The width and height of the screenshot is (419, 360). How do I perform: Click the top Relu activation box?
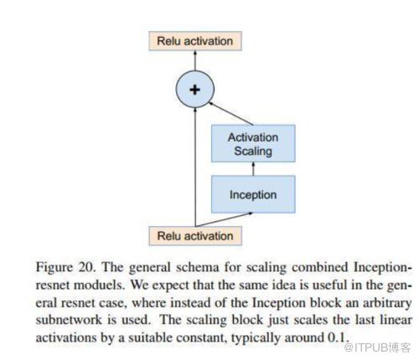[x=195, y=41]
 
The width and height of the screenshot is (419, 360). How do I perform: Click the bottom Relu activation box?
[x=195, y=236]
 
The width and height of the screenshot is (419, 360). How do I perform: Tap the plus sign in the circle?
[x=194, y=90]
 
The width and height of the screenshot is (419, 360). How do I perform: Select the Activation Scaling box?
[x=253, y=143]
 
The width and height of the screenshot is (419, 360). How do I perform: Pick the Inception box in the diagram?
[x=253, y=194]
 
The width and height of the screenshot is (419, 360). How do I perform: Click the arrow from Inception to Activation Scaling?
[x=253, y=169]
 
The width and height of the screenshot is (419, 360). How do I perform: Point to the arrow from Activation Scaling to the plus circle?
[x=231, y=114]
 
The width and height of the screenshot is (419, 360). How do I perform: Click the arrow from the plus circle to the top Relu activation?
[x=195, y=60]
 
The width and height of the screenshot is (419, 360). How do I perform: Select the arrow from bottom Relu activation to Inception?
[x=224, y=219]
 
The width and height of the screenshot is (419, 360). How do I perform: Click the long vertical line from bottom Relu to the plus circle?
[x=195, y=167]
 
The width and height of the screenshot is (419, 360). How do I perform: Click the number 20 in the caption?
[x=86, y=267]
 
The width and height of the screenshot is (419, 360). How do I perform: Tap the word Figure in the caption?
[x=54, y=268]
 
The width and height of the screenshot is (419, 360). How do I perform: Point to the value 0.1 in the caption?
[x=338, y=337]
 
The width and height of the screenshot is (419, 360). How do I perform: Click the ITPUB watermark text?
[x=377, y=347]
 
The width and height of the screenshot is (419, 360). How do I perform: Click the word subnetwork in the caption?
[x=69, y=320]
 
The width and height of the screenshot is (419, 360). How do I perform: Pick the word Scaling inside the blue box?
[x=253, y=151]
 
